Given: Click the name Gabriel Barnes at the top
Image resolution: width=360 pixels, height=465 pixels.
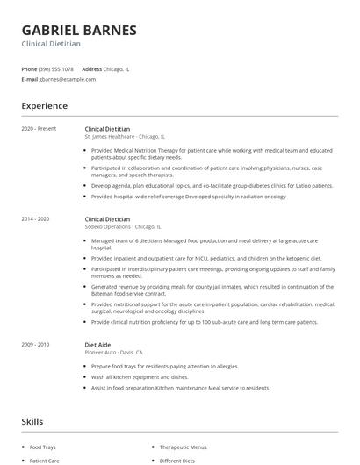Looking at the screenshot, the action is click(x=79, y=30).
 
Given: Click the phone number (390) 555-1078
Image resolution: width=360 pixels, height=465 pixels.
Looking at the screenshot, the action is click(x=57, y=68).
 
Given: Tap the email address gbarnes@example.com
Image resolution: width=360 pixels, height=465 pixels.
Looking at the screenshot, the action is click(x=68, y=79).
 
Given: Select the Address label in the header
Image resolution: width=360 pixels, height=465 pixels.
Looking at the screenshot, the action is click(x=91, y=68).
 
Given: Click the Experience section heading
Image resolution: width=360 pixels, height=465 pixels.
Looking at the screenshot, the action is click(x=44, y=106).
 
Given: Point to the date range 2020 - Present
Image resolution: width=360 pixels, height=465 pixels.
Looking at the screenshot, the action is click(x=39, y=129).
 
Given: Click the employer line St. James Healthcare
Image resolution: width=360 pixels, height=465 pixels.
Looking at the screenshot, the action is click(x=123, y=137).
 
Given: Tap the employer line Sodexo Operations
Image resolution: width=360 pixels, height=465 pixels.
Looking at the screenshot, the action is click(x=123, y=226).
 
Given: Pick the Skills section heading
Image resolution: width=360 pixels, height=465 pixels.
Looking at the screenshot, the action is click(x=32, y=422).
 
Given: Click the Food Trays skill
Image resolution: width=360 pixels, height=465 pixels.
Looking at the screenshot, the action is click(x=43, y=447).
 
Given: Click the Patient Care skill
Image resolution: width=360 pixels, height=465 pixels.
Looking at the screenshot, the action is click(x=44, y=461).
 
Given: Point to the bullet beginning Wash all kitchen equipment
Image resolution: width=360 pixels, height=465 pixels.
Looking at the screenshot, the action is click(x=139, y=376).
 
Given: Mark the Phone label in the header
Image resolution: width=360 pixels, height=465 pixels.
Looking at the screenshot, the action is click(x=29, y=68).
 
